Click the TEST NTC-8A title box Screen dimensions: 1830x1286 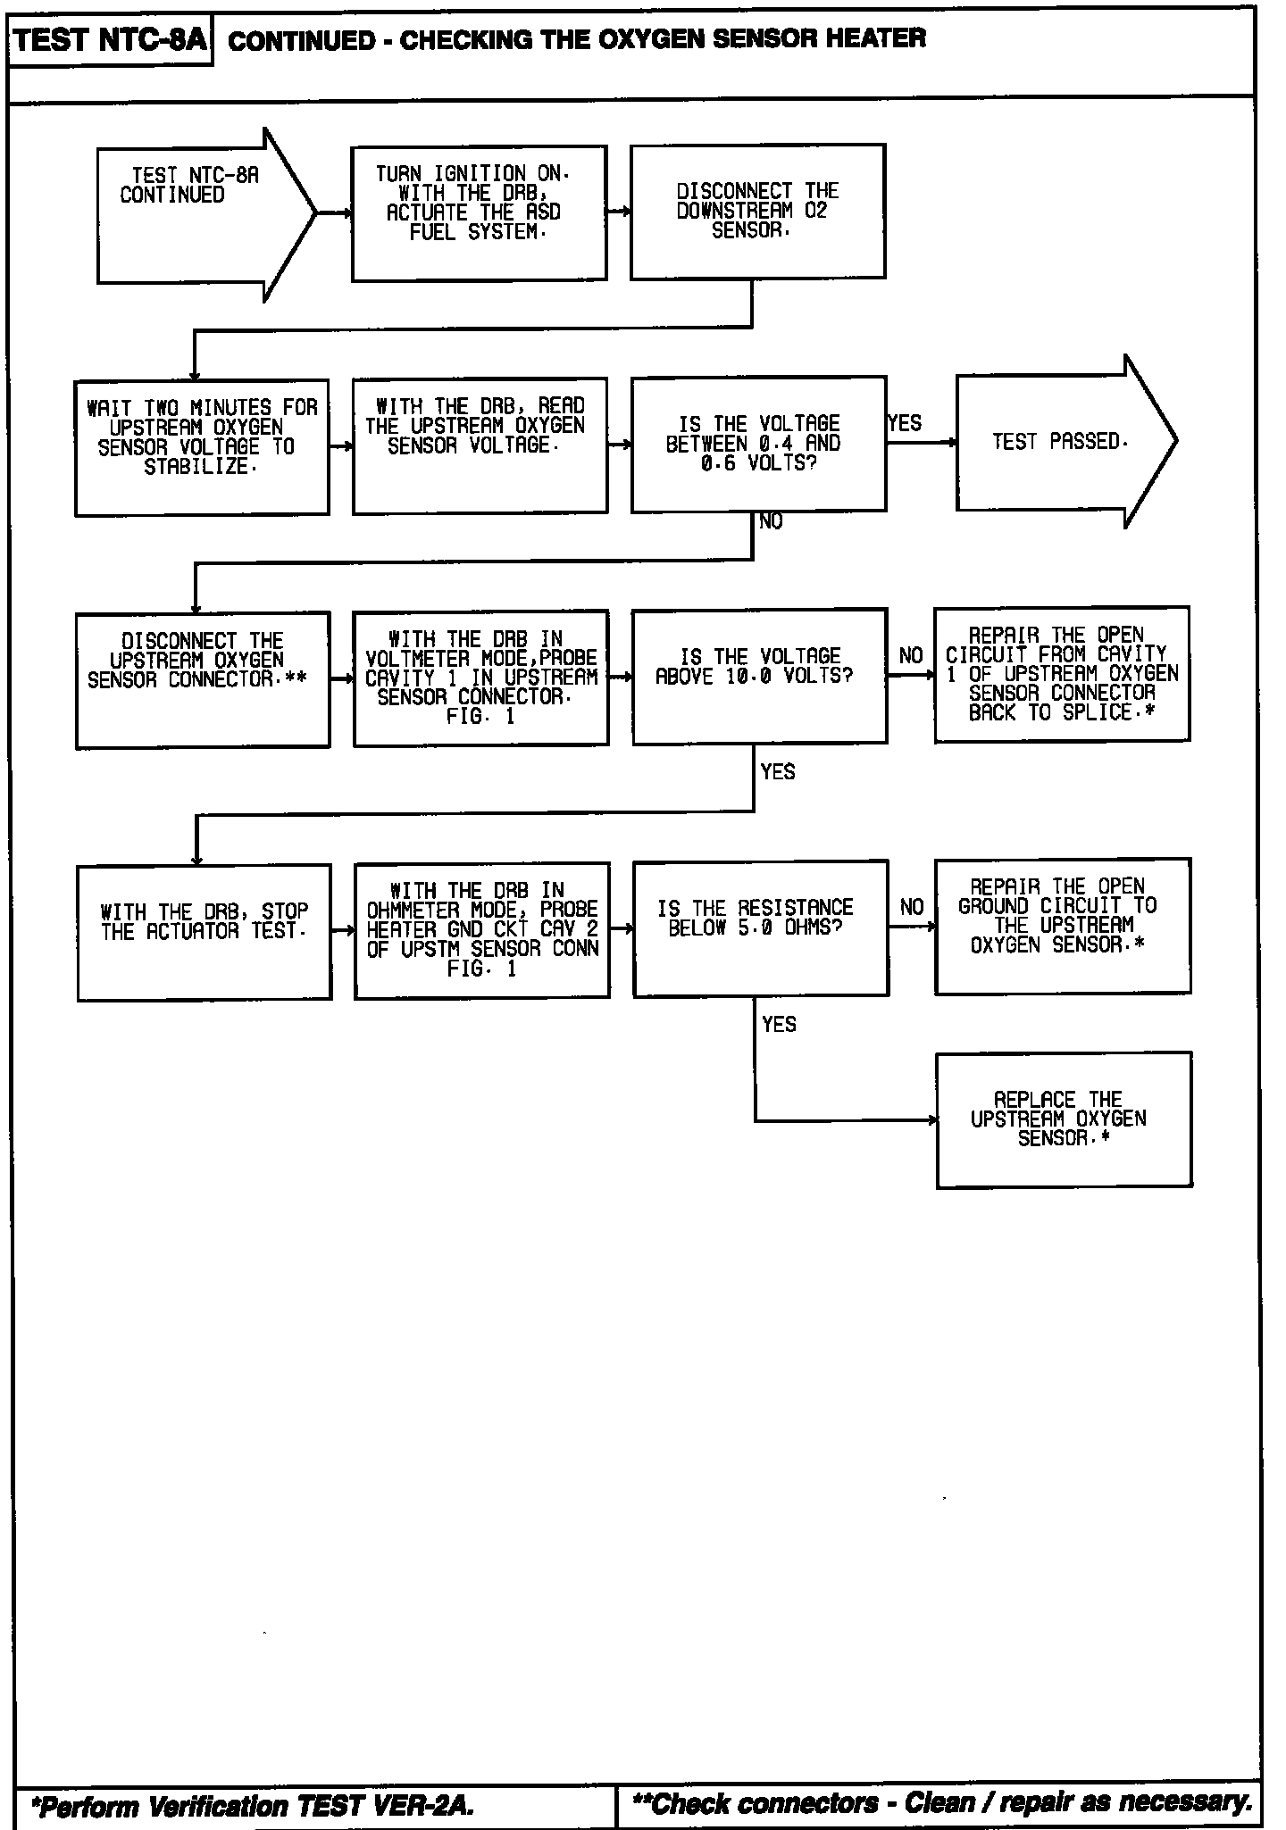point(110,40)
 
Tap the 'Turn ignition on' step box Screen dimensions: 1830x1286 point(479,213)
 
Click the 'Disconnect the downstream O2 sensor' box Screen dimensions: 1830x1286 point(757,212)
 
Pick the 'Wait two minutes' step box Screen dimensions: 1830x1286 point(202,447)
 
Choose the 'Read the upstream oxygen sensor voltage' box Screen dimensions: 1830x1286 point(480,445)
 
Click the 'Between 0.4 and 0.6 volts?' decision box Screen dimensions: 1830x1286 point(758,445)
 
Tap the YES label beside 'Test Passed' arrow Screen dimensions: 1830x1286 point(905,423)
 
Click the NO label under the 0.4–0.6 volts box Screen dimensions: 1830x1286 point(771,522)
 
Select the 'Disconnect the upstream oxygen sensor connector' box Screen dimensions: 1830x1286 point(203,680)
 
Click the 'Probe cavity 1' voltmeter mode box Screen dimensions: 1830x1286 point(480,678)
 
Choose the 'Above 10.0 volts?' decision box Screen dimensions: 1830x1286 point(759,676)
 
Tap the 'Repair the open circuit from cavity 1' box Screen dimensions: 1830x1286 point(1062,674)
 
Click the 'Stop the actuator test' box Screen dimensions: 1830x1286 point(205,932)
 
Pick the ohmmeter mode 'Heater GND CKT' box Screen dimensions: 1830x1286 point(482,930)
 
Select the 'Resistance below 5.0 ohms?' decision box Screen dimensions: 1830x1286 point(761,928)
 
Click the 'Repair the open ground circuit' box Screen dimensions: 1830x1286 point(1063,926)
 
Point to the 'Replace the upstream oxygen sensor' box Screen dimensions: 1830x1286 point(1064,1119)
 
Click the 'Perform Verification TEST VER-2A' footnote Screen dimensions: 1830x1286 point(253,1806)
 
